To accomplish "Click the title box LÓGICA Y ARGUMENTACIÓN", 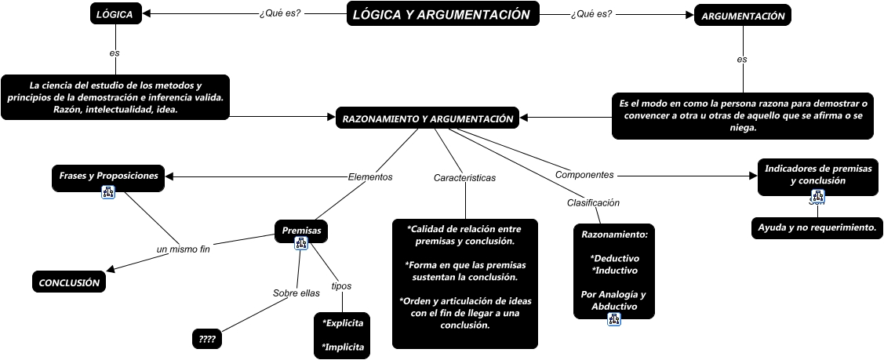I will point(442,14).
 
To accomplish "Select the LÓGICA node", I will point(115,14).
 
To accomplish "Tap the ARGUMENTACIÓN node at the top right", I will point(742,16).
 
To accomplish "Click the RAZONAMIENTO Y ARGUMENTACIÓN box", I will point(427,118).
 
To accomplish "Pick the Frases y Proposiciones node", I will point(108,176).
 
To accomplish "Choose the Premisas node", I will point(301,231).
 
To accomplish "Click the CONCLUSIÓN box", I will point(69,283).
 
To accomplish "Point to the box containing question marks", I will point(207,340).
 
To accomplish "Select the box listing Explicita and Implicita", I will point(342,335).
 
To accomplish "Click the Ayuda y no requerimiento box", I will point(816,227).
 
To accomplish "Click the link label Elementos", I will point(369,177).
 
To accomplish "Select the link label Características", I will point(464,178).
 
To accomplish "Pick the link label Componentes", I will point(584,174).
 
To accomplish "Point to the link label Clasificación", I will point(593,202).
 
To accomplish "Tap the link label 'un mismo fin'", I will point(184,249).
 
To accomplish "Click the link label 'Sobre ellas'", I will point(296,293).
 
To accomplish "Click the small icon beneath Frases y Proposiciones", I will point(108,192).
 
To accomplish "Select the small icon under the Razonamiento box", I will point(613,319).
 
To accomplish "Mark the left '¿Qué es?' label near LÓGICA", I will point(279,13).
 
